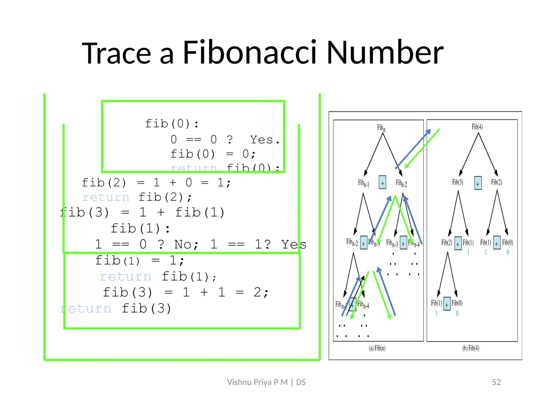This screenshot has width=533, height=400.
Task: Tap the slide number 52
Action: click(496, 382)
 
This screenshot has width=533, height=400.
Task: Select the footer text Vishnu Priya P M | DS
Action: click(266, 382)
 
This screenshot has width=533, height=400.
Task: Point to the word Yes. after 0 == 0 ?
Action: click(265, 140)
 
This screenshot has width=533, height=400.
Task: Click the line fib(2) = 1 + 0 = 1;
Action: click(156, 183)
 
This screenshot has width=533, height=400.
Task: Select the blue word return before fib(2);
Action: click(106, 197)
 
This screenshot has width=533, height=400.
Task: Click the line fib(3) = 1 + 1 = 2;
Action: click(185, 292)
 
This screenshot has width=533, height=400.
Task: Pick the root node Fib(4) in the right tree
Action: click(477, 127)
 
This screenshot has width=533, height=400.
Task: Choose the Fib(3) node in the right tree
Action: click(458, 182)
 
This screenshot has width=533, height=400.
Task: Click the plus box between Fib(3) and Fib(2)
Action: click(478, 183)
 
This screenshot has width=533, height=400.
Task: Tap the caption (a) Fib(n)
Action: click(377, 348)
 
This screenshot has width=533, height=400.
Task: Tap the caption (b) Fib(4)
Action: click(471, 348)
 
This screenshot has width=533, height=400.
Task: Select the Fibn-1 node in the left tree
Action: click(364, 183)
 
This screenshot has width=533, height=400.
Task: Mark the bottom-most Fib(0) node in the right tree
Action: click(457, 303)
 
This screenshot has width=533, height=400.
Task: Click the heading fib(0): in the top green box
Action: click(172, 123)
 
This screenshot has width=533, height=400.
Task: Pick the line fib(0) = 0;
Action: click(213, 154)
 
